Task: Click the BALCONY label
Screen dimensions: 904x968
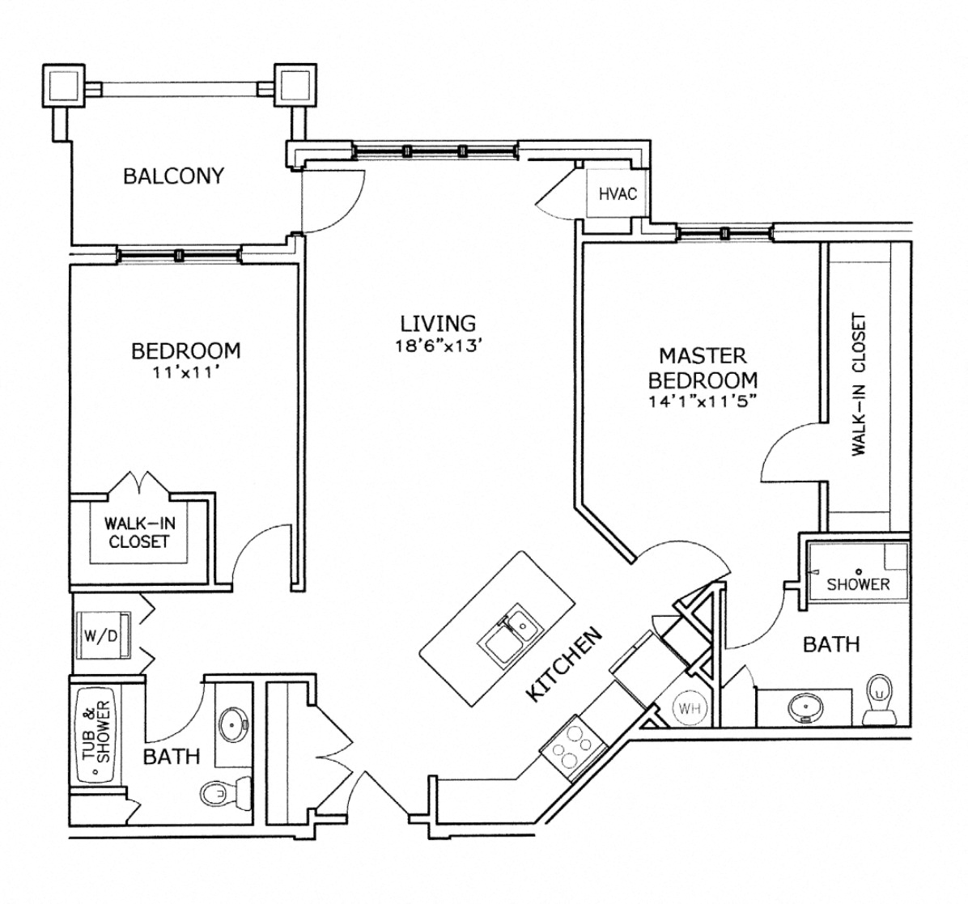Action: (173, 176)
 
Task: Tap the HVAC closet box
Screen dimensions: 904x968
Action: (618, 193)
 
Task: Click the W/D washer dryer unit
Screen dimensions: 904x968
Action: (100, 635)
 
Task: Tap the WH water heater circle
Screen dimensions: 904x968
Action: (689, 709)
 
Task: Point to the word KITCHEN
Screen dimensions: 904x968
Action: (564, 664)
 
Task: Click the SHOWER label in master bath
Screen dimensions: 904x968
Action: (858, 584)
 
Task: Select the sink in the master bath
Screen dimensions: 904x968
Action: (804, 707)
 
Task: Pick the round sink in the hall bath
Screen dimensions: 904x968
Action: (235, 719)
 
